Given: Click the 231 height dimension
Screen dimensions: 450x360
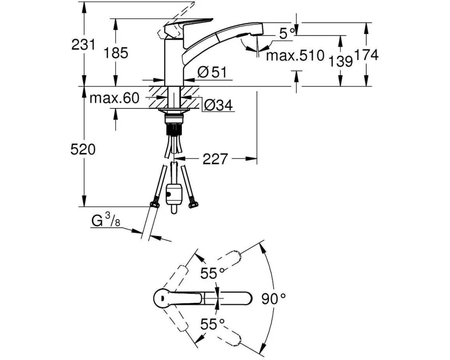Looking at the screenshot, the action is tap(83, 45).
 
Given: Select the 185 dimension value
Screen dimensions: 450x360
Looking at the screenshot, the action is tap(116, 53).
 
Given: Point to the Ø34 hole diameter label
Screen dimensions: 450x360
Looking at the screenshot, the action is tap(218, 105).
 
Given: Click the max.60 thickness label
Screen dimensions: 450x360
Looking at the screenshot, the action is tap(114, 98).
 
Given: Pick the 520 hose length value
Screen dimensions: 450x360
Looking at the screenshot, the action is tap(83, 149).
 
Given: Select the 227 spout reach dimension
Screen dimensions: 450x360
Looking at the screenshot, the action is tap(215, 158).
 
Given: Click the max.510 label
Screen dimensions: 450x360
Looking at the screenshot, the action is tap(295, 55).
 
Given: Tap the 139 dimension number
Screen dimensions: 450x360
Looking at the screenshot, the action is tap(340, 61).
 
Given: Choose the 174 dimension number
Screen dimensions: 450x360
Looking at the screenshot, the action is tap(366, 54).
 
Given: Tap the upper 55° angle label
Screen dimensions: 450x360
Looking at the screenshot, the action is tap(212, 273).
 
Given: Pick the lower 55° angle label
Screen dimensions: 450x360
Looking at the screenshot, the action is tap(212, 324).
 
